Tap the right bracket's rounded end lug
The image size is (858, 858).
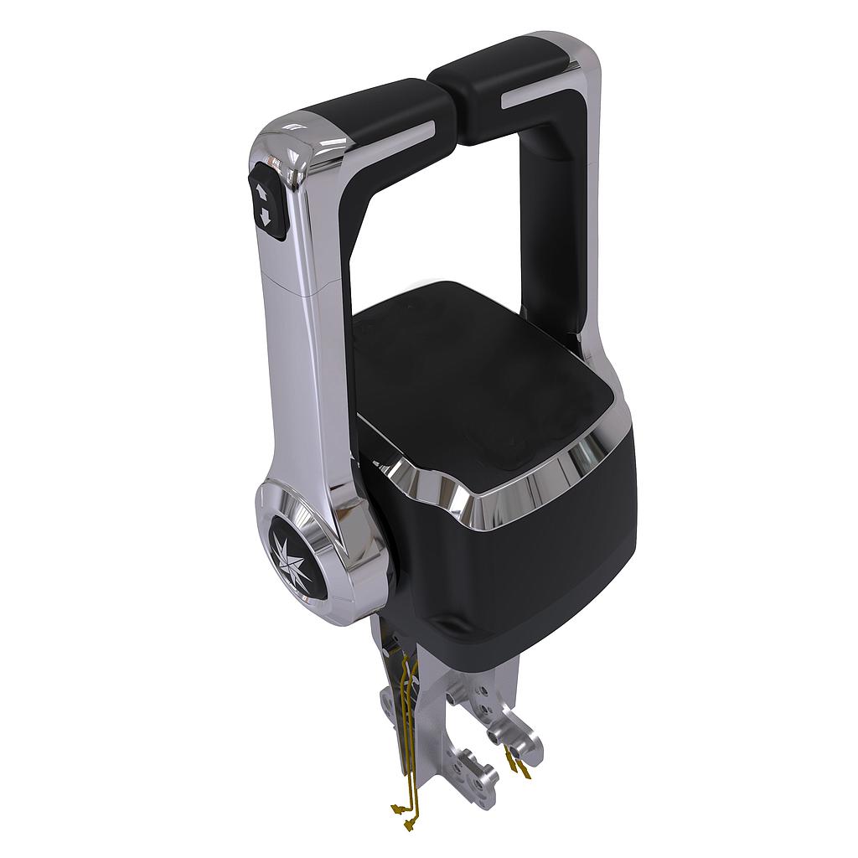coord(523,737)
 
